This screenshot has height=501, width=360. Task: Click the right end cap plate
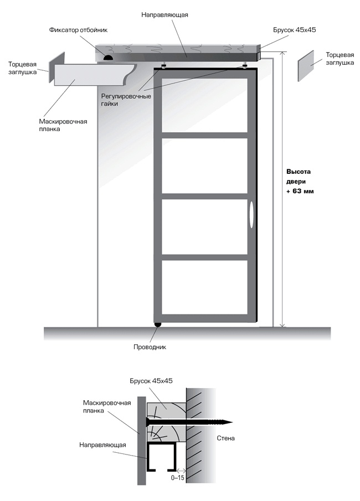click(306, 66)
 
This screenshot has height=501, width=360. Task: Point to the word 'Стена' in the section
click(226, 438)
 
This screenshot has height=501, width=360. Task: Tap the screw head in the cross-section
click(148, 422)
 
